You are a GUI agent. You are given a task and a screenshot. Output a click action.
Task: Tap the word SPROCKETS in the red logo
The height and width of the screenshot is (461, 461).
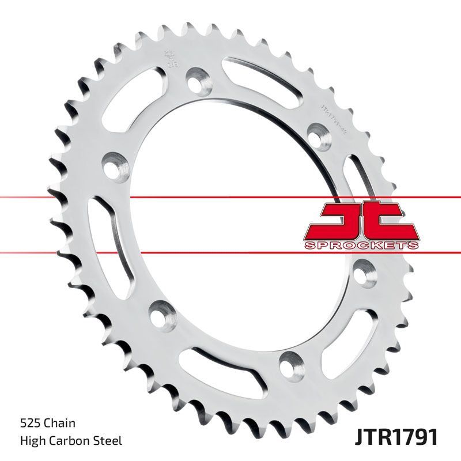(361, 245)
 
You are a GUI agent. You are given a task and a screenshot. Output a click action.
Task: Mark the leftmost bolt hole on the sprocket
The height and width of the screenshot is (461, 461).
(115, 164)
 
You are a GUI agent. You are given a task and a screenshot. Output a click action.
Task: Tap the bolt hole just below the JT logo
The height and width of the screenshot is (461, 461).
(365, 269)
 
